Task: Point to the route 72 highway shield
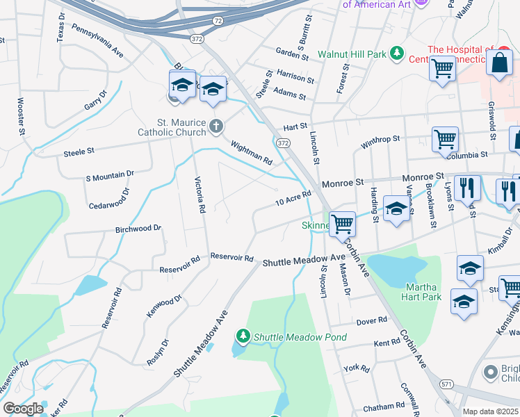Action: tap(218, 22)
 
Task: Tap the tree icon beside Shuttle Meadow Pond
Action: tap(243, 337)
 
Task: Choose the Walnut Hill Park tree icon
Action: tap(396, 53)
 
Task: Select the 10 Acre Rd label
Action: tap(293, 199)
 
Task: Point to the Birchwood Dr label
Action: tap(138, 228)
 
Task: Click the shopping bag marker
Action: tap(499, 64)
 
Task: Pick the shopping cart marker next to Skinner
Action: tap(342, 224)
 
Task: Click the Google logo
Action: tap(24, 409)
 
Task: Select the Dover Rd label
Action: tap(371, 320)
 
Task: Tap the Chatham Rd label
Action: tap(383, 406)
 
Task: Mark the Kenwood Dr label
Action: tap(164, 305)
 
